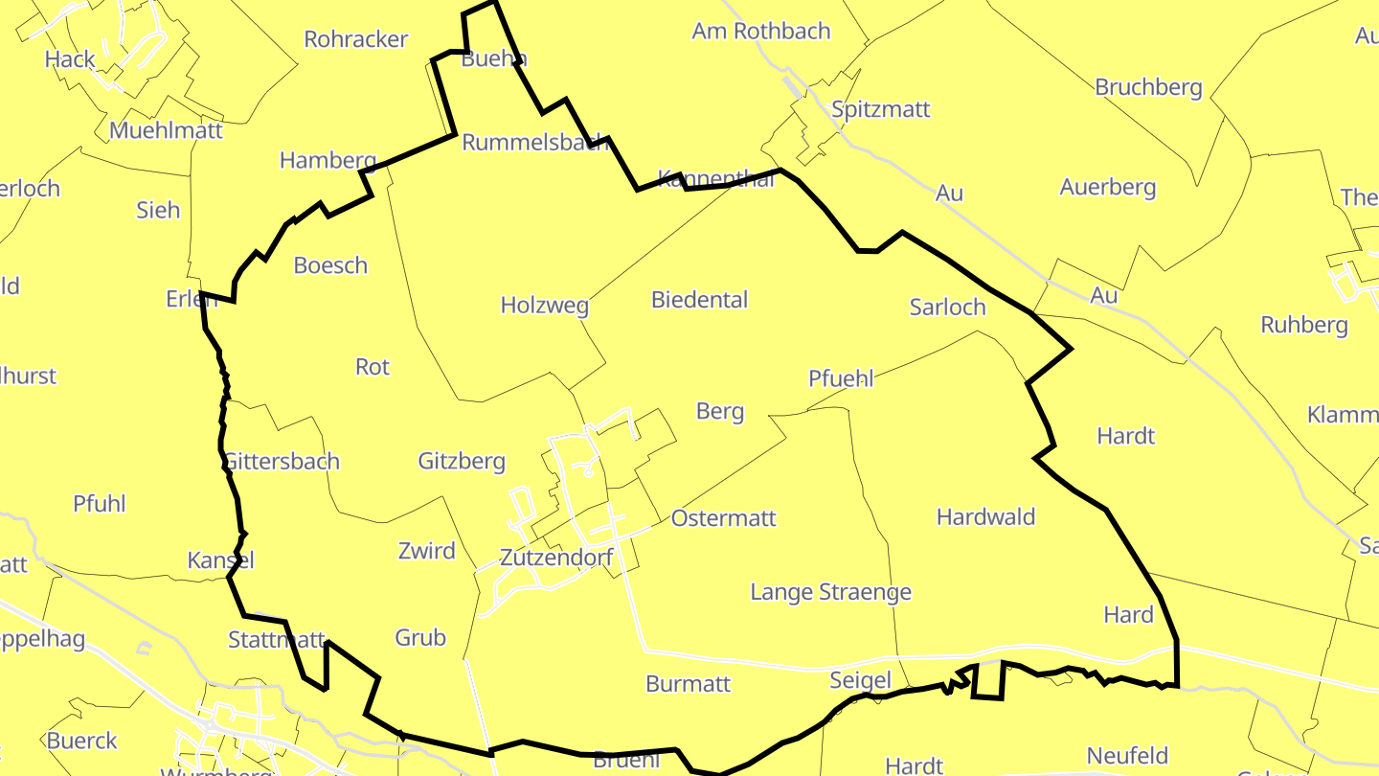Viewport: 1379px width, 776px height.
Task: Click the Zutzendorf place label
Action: tap(556, 558)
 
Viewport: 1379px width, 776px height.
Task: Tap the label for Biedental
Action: tap(699, 299)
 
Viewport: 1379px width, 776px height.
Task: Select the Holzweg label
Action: tap(544, 306)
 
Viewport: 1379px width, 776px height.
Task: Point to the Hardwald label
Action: tap(985, 517)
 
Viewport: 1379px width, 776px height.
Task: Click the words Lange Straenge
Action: tap(830, 592)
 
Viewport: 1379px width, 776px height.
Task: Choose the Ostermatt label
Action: tap(723, 518)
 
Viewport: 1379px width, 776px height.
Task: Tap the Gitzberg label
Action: tap(462, 461)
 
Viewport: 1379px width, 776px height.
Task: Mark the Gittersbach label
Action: tap(281, 461)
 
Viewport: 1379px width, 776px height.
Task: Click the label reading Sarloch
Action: tap(947, 307)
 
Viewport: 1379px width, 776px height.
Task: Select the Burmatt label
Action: tap(688, 684)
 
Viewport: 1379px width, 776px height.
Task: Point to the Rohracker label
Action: tap(356, 39)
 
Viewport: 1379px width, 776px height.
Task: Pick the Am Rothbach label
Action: tap(761, 31)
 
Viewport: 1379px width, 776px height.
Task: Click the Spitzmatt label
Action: tap(880, 109)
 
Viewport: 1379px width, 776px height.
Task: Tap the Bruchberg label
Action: tap(1148, 87)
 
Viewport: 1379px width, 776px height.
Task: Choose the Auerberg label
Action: tap(1107, 187)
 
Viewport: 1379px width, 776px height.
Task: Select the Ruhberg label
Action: tap(1303, 325)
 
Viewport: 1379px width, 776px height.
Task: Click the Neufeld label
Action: tap(1127, 755)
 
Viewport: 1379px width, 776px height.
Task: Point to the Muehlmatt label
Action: tap(166, 130)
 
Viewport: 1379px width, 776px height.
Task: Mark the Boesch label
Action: tap(330, 265)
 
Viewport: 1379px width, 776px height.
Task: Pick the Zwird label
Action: tap(426, 551)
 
